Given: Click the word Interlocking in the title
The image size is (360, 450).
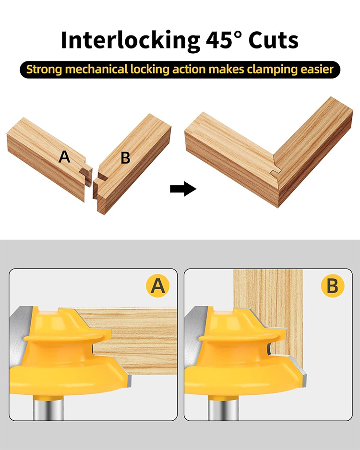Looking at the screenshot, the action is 131,40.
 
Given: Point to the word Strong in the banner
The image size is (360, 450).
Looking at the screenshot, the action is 44,70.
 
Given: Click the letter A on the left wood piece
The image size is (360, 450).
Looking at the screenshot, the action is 64,157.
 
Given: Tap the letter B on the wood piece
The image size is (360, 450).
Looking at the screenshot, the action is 125,157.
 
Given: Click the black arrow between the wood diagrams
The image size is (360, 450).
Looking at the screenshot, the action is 183,189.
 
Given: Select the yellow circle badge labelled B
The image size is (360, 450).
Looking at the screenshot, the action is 333,286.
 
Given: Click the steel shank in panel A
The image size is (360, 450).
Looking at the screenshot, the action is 48,407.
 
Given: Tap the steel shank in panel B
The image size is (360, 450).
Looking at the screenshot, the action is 223,407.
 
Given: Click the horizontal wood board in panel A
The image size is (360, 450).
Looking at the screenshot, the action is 132,341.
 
